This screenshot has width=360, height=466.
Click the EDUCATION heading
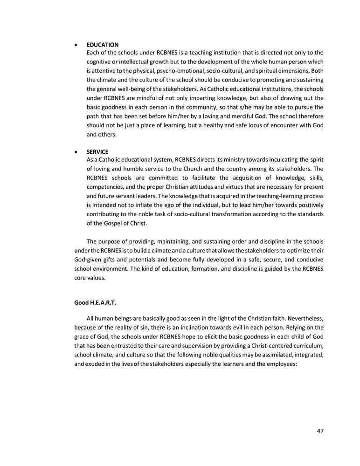[x=103, y=45]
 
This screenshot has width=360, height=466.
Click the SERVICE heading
[x=97, y=152]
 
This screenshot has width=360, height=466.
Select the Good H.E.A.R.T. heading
[x=95, y=302]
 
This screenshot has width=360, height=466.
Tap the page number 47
[x=320, y=431]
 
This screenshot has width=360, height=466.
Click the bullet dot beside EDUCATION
[x=76, y=45]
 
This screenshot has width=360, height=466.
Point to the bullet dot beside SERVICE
[x=76, y=152]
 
